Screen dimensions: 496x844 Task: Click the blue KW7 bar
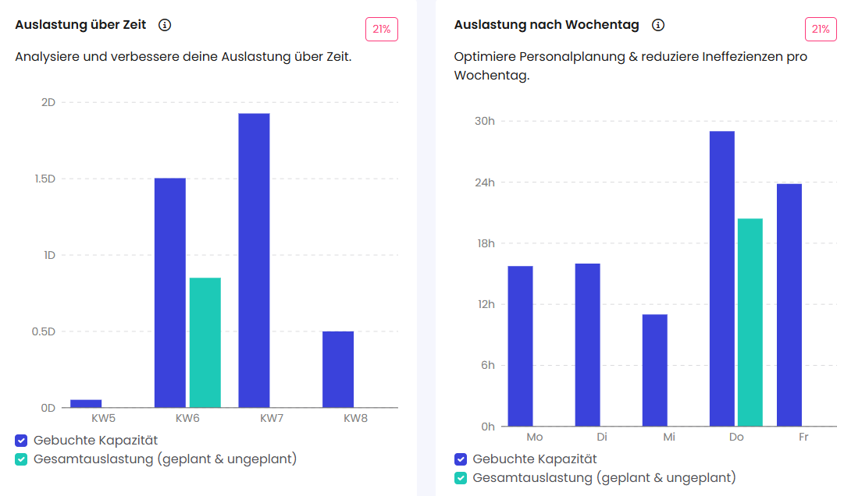254,260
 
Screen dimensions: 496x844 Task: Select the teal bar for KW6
205,342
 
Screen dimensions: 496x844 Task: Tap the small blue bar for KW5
86,403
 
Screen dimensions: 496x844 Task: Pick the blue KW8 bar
338,369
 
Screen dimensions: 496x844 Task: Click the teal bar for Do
750,322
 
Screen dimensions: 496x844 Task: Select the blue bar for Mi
654,370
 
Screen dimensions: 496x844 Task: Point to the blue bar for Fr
789,305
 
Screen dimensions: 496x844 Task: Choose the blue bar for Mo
520,346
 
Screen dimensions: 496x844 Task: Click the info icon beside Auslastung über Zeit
165,25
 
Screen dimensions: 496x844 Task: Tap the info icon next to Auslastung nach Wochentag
658,25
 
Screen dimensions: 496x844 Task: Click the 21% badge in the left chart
382,30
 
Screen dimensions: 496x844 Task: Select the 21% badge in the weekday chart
821,30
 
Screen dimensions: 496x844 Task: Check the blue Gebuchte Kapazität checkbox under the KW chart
22,441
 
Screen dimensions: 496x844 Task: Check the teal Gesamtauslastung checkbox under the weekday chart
461,478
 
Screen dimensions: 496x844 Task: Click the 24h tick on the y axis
485,182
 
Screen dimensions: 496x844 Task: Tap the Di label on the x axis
602,437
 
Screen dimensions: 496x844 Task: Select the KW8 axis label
355,419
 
